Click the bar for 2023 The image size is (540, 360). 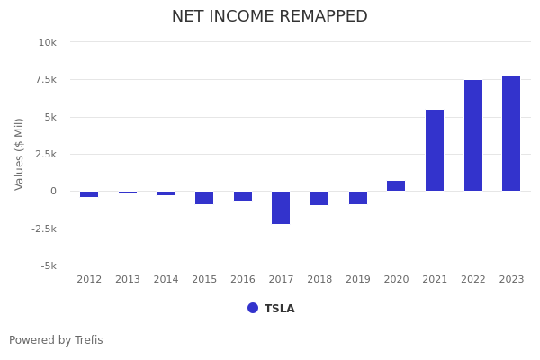pos(511,134)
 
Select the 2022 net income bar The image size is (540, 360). pos(472,136)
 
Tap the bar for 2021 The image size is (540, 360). pos(435,150)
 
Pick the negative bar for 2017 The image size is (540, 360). pos(281,208)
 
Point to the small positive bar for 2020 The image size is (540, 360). pos(396,186)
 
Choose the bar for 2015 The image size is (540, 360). pos(204,198)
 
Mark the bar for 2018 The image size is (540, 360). pos(319,198)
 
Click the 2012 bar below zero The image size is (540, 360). pos(89,194)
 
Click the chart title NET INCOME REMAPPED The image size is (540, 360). pos(270,17)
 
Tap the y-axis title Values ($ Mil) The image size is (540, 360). pos(20,154)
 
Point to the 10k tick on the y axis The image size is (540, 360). pos(47,42)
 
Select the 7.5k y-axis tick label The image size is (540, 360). pos(45,80)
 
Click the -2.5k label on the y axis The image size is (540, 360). pos(44,229)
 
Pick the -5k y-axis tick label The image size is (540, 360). pos(49,266)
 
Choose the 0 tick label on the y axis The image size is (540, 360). pos(53,192)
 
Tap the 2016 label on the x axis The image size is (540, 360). pos(243,280)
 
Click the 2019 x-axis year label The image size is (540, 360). pos(358,280)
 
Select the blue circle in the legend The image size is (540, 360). pos(253,308)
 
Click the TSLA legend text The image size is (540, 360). pos(279,309)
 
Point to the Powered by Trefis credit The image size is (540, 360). pos(56,340)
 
